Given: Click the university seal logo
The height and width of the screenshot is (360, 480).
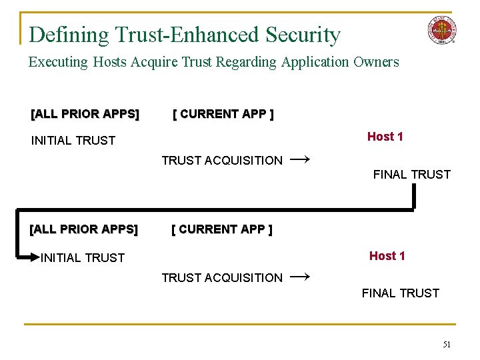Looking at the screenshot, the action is [x=442, y=30].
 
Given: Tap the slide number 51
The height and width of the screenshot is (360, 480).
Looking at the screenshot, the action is [x=446, y=344].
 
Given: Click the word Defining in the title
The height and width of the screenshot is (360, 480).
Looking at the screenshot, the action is [x=69, y=35].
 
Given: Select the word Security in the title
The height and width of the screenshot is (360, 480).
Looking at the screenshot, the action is [x=303, y=35].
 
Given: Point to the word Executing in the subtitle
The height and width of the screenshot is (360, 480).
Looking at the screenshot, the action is [x=58, y=63].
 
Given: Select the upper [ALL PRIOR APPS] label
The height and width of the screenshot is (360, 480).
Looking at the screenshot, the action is [x=85, y=114].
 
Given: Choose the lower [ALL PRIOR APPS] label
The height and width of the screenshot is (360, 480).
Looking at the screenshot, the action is [x=84, y=230].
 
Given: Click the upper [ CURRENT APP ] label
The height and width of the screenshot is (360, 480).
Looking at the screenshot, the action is [x=223, y=114].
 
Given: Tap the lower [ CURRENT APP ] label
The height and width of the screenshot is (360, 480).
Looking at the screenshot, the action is [x=222, y=230].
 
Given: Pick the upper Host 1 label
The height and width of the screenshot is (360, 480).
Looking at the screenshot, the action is [x=385, y=137].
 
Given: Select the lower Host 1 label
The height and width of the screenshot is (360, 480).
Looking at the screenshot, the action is [x=387, y=256].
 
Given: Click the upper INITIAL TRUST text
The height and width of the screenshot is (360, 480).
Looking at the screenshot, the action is [x=73, y=141].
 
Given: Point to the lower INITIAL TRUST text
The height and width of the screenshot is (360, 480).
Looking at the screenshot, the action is [x=83, y=258].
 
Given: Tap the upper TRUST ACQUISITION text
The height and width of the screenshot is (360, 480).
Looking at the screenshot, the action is [x=222, y=161].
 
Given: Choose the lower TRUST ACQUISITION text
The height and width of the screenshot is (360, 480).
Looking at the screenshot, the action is [x=222, y=278].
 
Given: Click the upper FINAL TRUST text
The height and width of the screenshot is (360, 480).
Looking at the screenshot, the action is [x=411, y=175].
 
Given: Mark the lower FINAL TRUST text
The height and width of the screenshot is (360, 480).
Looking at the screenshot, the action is [x=401, y=293].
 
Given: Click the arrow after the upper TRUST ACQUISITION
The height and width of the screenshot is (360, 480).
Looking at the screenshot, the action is [x=300, y=159].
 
